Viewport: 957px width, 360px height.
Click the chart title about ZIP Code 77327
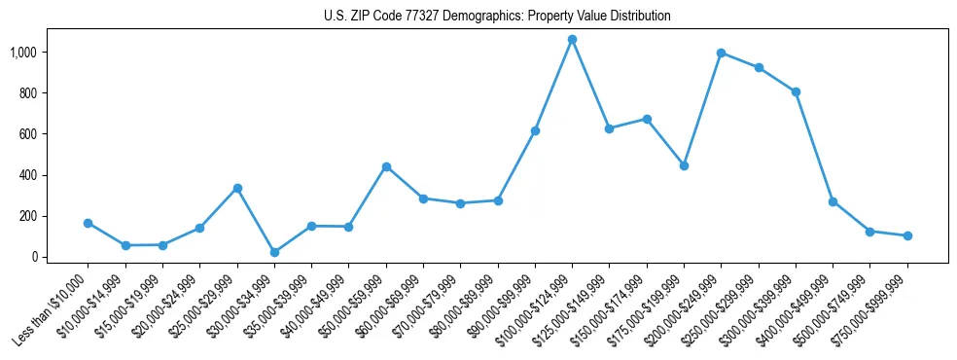click(x=497, y=17)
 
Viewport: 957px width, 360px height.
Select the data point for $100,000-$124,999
click(x=572, y=40)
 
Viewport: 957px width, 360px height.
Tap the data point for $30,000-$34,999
click(x=274, y=252)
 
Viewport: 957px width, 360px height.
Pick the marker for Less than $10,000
click(x=88, y=223)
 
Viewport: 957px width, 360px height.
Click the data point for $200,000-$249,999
click(x=721, y=53)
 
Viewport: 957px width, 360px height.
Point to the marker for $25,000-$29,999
click(x=236, y=188)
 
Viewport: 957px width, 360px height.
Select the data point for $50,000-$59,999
click(x=386, y=166)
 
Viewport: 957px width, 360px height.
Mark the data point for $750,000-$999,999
click(x=907, y=235)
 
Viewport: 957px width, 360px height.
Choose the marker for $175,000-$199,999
click(x=684, y=165)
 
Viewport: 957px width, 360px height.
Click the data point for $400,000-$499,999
click(x=833, y=201)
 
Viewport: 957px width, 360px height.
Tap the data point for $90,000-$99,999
click(x=535, y=130)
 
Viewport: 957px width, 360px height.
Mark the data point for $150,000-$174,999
click(x=647, y=119)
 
